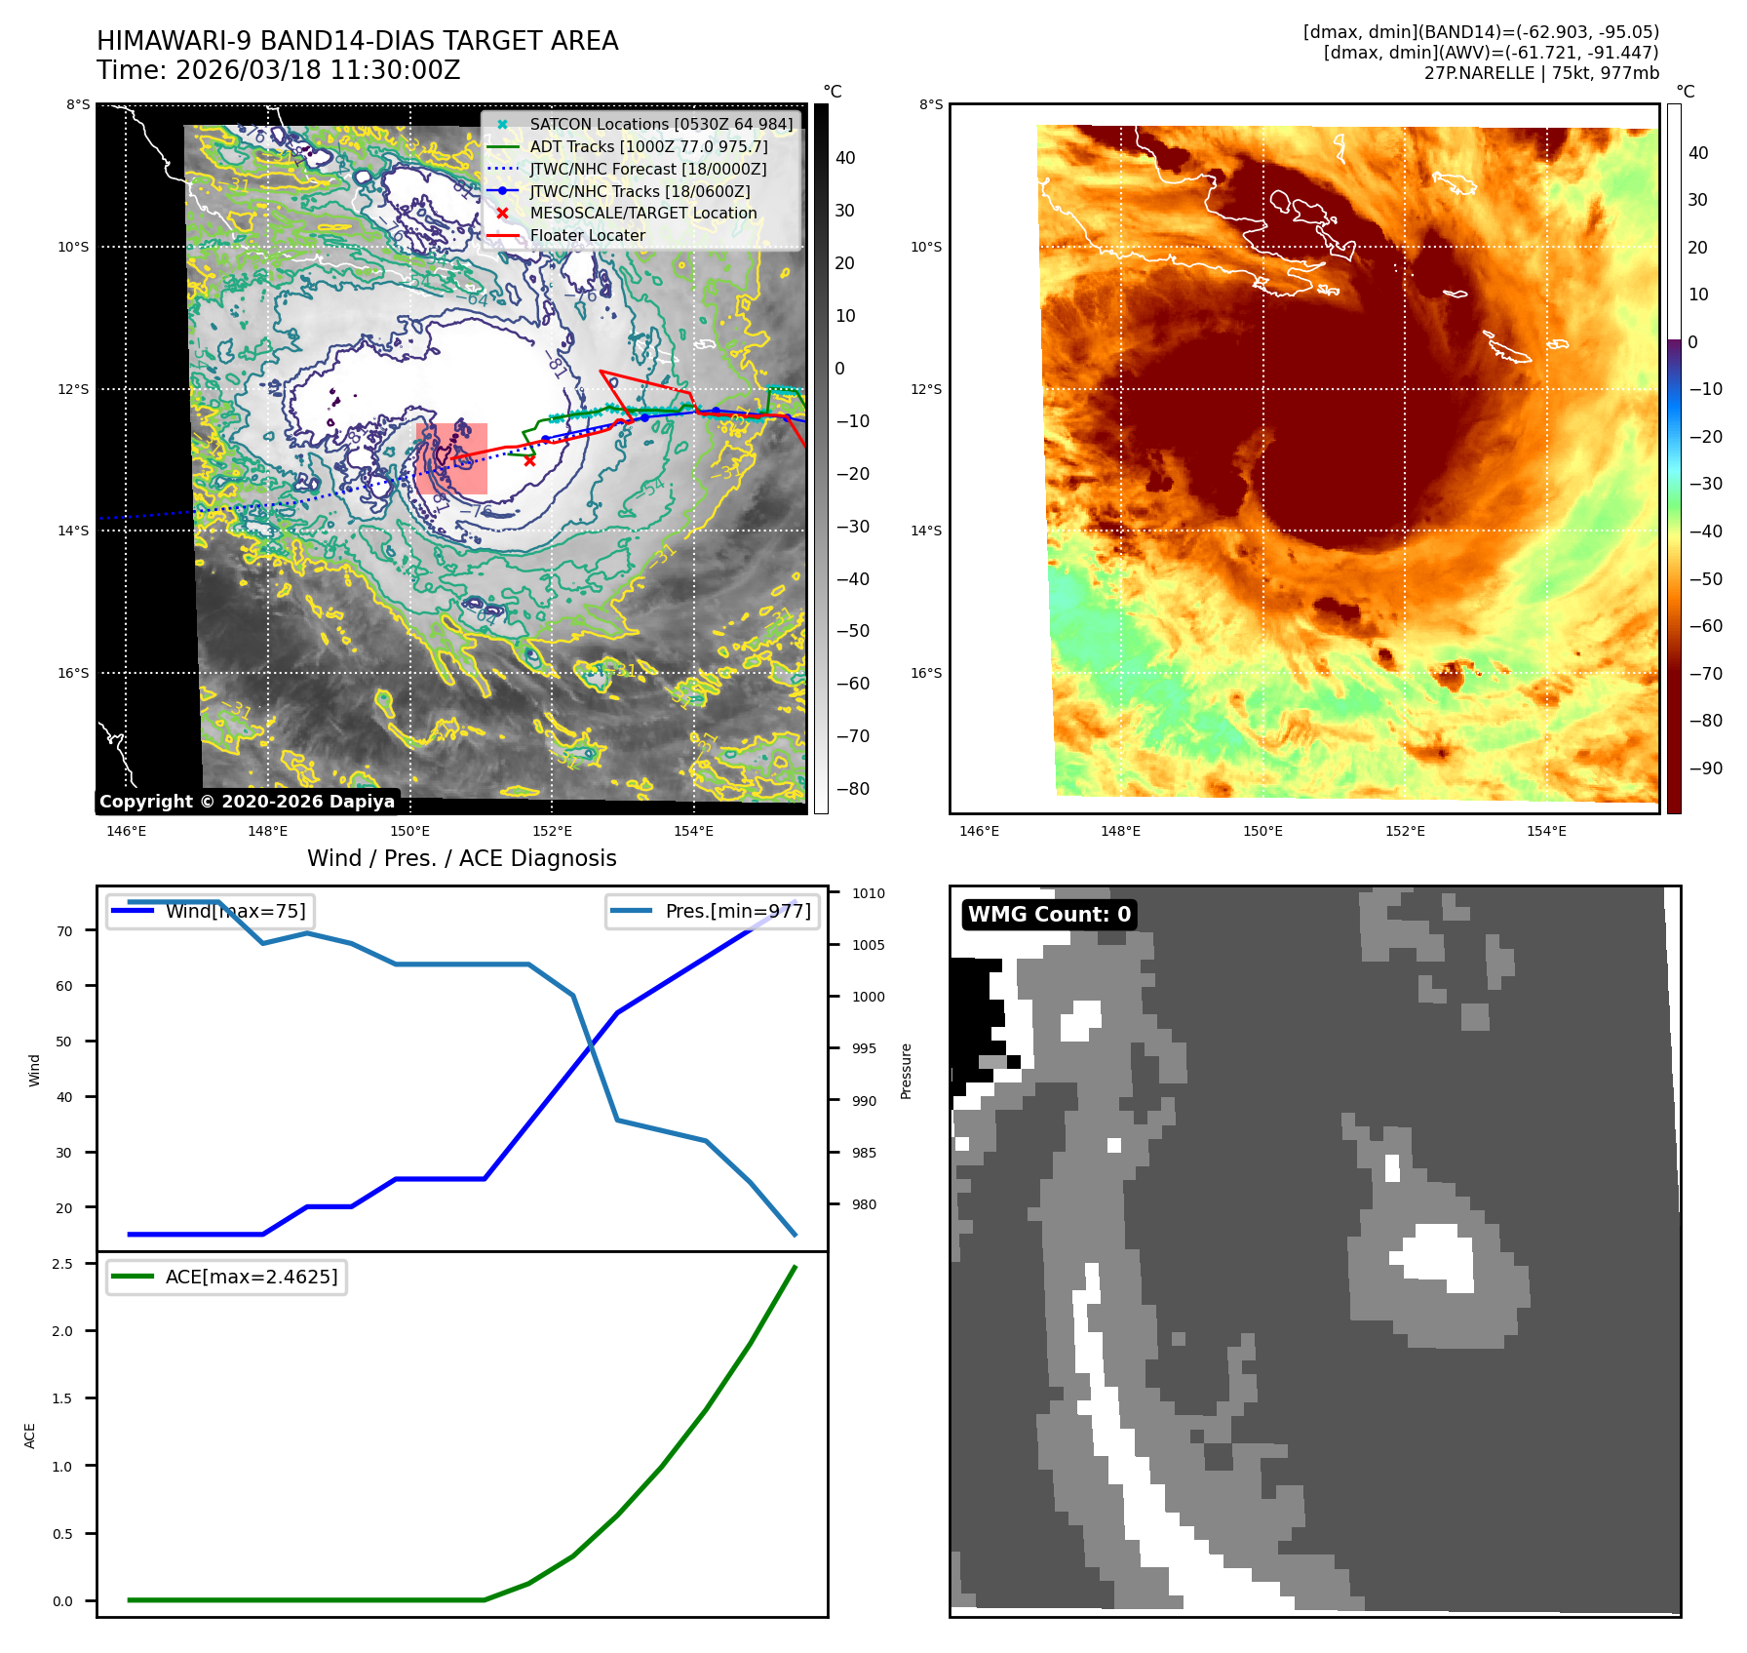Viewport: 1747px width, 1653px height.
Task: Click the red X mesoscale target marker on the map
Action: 529,460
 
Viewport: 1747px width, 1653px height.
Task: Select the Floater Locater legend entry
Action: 587,236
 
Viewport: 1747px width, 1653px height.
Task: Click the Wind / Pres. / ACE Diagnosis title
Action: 462,858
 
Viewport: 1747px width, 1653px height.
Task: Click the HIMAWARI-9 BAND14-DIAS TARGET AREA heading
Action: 357,41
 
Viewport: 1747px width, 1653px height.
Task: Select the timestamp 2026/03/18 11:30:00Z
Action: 318,71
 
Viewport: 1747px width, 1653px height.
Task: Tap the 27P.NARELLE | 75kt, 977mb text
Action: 1540,73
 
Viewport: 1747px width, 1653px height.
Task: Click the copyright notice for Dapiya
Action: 247,802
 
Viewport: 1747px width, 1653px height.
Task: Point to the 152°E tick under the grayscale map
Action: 552,832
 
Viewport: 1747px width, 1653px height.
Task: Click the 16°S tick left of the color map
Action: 926,674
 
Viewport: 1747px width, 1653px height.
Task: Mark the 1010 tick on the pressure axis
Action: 868,893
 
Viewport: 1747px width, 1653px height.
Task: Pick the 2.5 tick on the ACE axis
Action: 62,1264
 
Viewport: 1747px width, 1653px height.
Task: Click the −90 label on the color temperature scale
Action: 1705,768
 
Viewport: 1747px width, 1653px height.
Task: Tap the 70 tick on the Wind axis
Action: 64,931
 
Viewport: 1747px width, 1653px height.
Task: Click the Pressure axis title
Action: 907,1071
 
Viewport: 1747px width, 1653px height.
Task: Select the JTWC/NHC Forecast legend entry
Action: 647,170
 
